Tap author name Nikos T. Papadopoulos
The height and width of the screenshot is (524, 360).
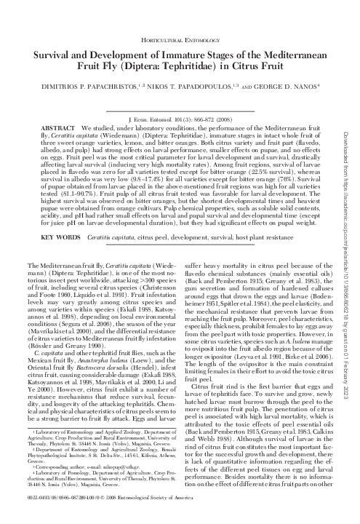[191, 94]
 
